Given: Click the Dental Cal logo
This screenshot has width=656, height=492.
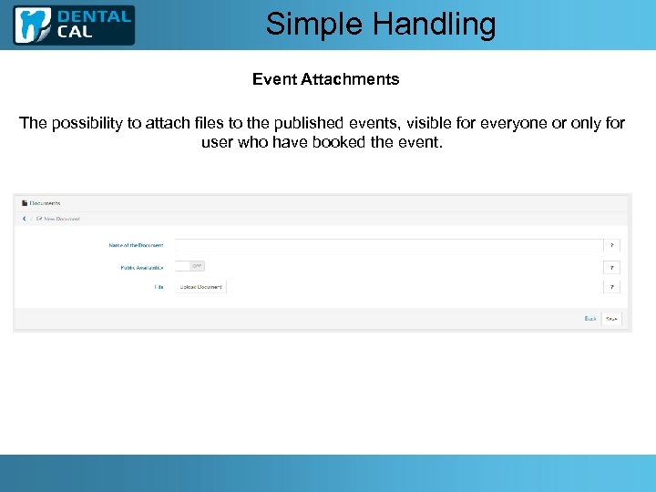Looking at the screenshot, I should click(74, 25).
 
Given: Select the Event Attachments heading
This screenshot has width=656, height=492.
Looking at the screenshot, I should click(325, 79).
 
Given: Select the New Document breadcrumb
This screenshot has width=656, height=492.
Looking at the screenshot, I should click(61, 219).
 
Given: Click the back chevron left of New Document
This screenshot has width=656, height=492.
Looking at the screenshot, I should click(25, 219).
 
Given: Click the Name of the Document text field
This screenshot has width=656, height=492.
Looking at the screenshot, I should click(388, 245).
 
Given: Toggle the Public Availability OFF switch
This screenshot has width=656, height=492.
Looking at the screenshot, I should click(190, 266).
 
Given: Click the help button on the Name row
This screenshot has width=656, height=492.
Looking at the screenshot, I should click(612, 245).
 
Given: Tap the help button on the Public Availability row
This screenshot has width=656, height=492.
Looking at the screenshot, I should click(612, 268).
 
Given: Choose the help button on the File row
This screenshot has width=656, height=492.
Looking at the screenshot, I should click(612, 287).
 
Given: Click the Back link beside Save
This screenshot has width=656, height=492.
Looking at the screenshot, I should click(589, 319).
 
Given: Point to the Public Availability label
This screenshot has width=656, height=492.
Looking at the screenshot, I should click(141, 268).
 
